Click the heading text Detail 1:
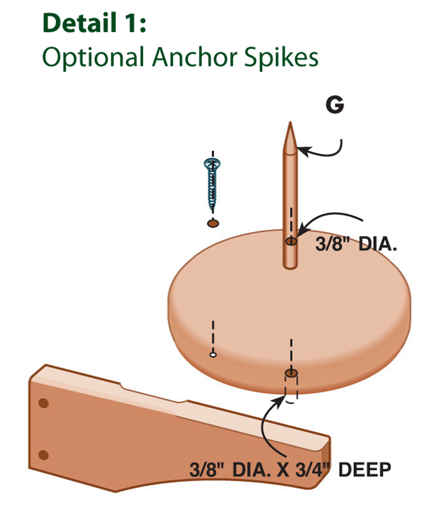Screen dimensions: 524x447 tap(94, 23)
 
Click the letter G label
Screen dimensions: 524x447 tap(335, 106)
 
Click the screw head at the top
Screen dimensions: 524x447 tap(212, 163)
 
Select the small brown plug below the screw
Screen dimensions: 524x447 tap(212, 224)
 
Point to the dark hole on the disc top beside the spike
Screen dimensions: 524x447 tap(291, 241)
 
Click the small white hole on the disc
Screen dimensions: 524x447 tap(213, 354)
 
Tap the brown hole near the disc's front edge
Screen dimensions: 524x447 tap(291, 373)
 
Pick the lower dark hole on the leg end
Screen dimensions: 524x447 tap(44, 454)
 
